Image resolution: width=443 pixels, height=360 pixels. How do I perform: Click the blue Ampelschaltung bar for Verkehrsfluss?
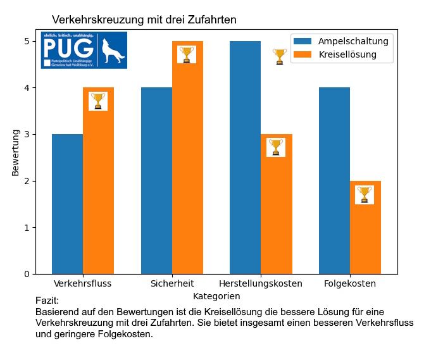tap(67, 204)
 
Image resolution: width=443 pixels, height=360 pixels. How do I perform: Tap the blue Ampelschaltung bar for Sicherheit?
tap(156, 180)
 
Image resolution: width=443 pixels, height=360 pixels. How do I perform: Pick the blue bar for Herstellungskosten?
tap(245, 158)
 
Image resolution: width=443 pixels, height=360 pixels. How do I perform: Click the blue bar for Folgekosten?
tap(334, 180)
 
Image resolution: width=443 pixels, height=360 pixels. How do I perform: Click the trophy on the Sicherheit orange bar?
tap(186, 54)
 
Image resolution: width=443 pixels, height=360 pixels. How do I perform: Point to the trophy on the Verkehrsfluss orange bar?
tap(98, 101)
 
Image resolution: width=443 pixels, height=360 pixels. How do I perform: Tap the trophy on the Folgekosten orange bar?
tap(364, 194)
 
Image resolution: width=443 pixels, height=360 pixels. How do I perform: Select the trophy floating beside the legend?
tap(280, 56)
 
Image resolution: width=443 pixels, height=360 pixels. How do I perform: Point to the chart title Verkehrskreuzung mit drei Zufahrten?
tap(144, 20)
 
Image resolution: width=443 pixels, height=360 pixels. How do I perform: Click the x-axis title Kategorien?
tap(216, 296)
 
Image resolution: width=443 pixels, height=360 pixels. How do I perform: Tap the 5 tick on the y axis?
tap(28, 41)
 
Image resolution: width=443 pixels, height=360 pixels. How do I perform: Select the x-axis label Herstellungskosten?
tap(260, 283)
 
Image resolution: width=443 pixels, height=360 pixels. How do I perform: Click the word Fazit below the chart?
tap(47, 301)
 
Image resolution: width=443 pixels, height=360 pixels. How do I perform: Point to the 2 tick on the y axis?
tap(28, 181)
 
